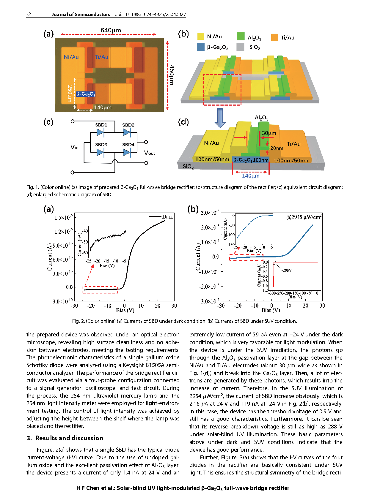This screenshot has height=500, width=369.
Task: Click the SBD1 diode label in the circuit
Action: [x=101, y=125]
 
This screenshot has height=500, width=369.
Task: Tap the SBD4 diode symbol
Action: [x=127, y=152]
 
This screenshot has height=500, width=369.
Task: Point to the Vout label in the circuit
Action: [x=149, y=153]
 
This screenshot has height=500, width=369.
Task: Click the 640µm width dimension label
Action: [x=111, y=30]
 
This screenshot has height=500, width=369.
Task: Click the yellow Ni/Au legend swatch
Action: [x=201, y=37]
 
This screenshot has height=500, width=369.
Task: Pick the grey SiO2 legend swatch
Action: [x=240, y=47]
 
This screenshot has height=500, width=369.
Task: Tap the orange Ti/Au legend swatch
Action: [x=274, y=37]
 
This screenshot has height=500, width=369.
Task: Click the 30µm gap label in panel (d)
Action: [x=269, y=133]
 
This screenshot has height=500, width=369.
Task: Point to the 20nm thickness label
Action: [x=277, y=148]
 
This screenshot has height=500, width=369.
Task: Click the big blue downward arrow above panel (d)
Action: [x=220, y=118]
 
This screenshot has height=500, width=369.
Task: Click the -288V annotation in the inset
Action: [x=287, y=270]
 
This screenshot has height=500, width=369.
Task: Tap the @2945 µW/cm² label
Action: [x=304, y=217]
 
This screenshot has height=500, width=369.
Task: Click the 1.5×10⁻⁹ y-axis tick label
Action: [x=63, y=217]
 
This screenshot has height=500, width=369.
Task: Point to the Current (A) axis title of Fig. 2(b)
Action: [x=198, y=257]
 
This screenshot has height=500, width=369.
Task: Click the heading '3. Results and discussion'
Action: [x=65, y=438]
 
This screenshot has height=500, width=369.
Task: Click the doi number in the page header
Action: [x=150, y=15]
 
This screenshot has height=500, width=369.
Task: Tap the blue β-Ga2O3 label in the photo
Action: [x=86, y=94]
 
